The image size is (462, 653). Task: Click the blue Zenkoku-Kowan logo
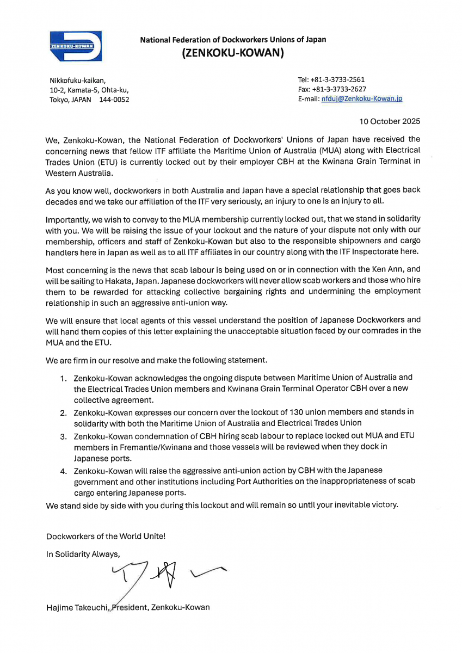click(76, 46)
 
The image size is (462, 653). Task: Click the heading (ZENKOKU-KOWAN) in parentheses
click(232, 53)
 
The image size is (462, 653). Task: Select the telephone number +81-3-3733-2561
click(338, 79)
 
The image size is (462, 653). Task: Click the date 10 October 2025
click(390, 121)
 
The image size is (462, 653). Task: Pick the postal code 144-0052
click(114, 100)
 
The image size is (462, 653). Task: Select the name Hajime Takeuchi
click(78, 607)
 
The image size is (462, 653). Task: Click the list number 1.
click(63, 378)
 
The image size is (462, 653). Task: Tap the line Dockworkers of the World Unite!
click(106, 536)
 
